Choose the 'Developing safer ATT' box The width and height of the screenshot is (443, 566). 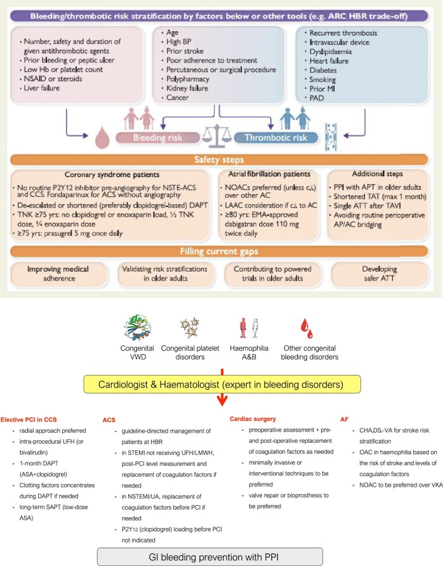384,273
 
